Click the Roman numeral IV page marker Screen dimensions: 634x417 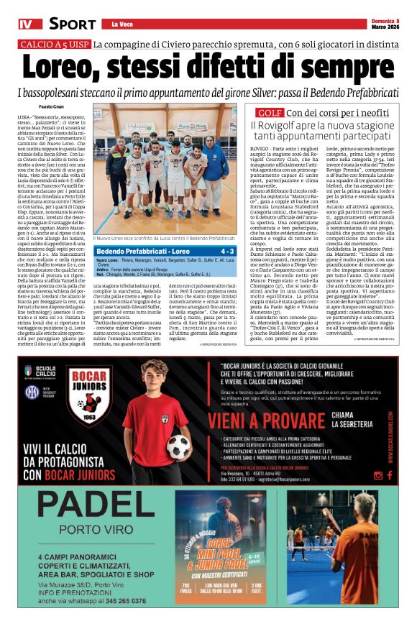coord(26,24)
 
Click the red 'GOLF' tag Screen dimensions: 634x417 coord(270,113)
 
